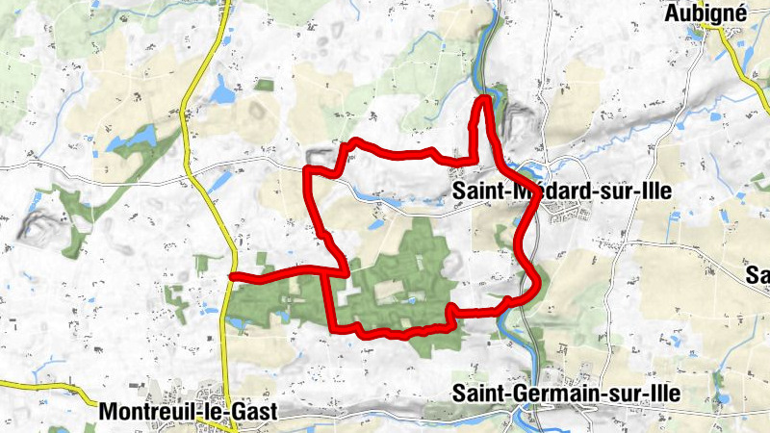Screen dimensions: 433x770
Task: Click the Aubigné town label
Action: (x=705, y=13)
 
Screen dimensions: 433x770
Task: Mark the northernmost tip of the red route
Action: (x=485, y=98)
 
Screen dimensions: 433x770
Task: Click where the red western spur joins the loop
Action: (x=344, y=270)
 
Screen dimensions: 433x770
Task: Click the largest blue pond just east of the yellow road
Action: (x=224, y=93)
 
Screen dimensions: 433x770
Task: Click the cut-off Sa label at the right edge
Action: (x=759, y=277)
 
